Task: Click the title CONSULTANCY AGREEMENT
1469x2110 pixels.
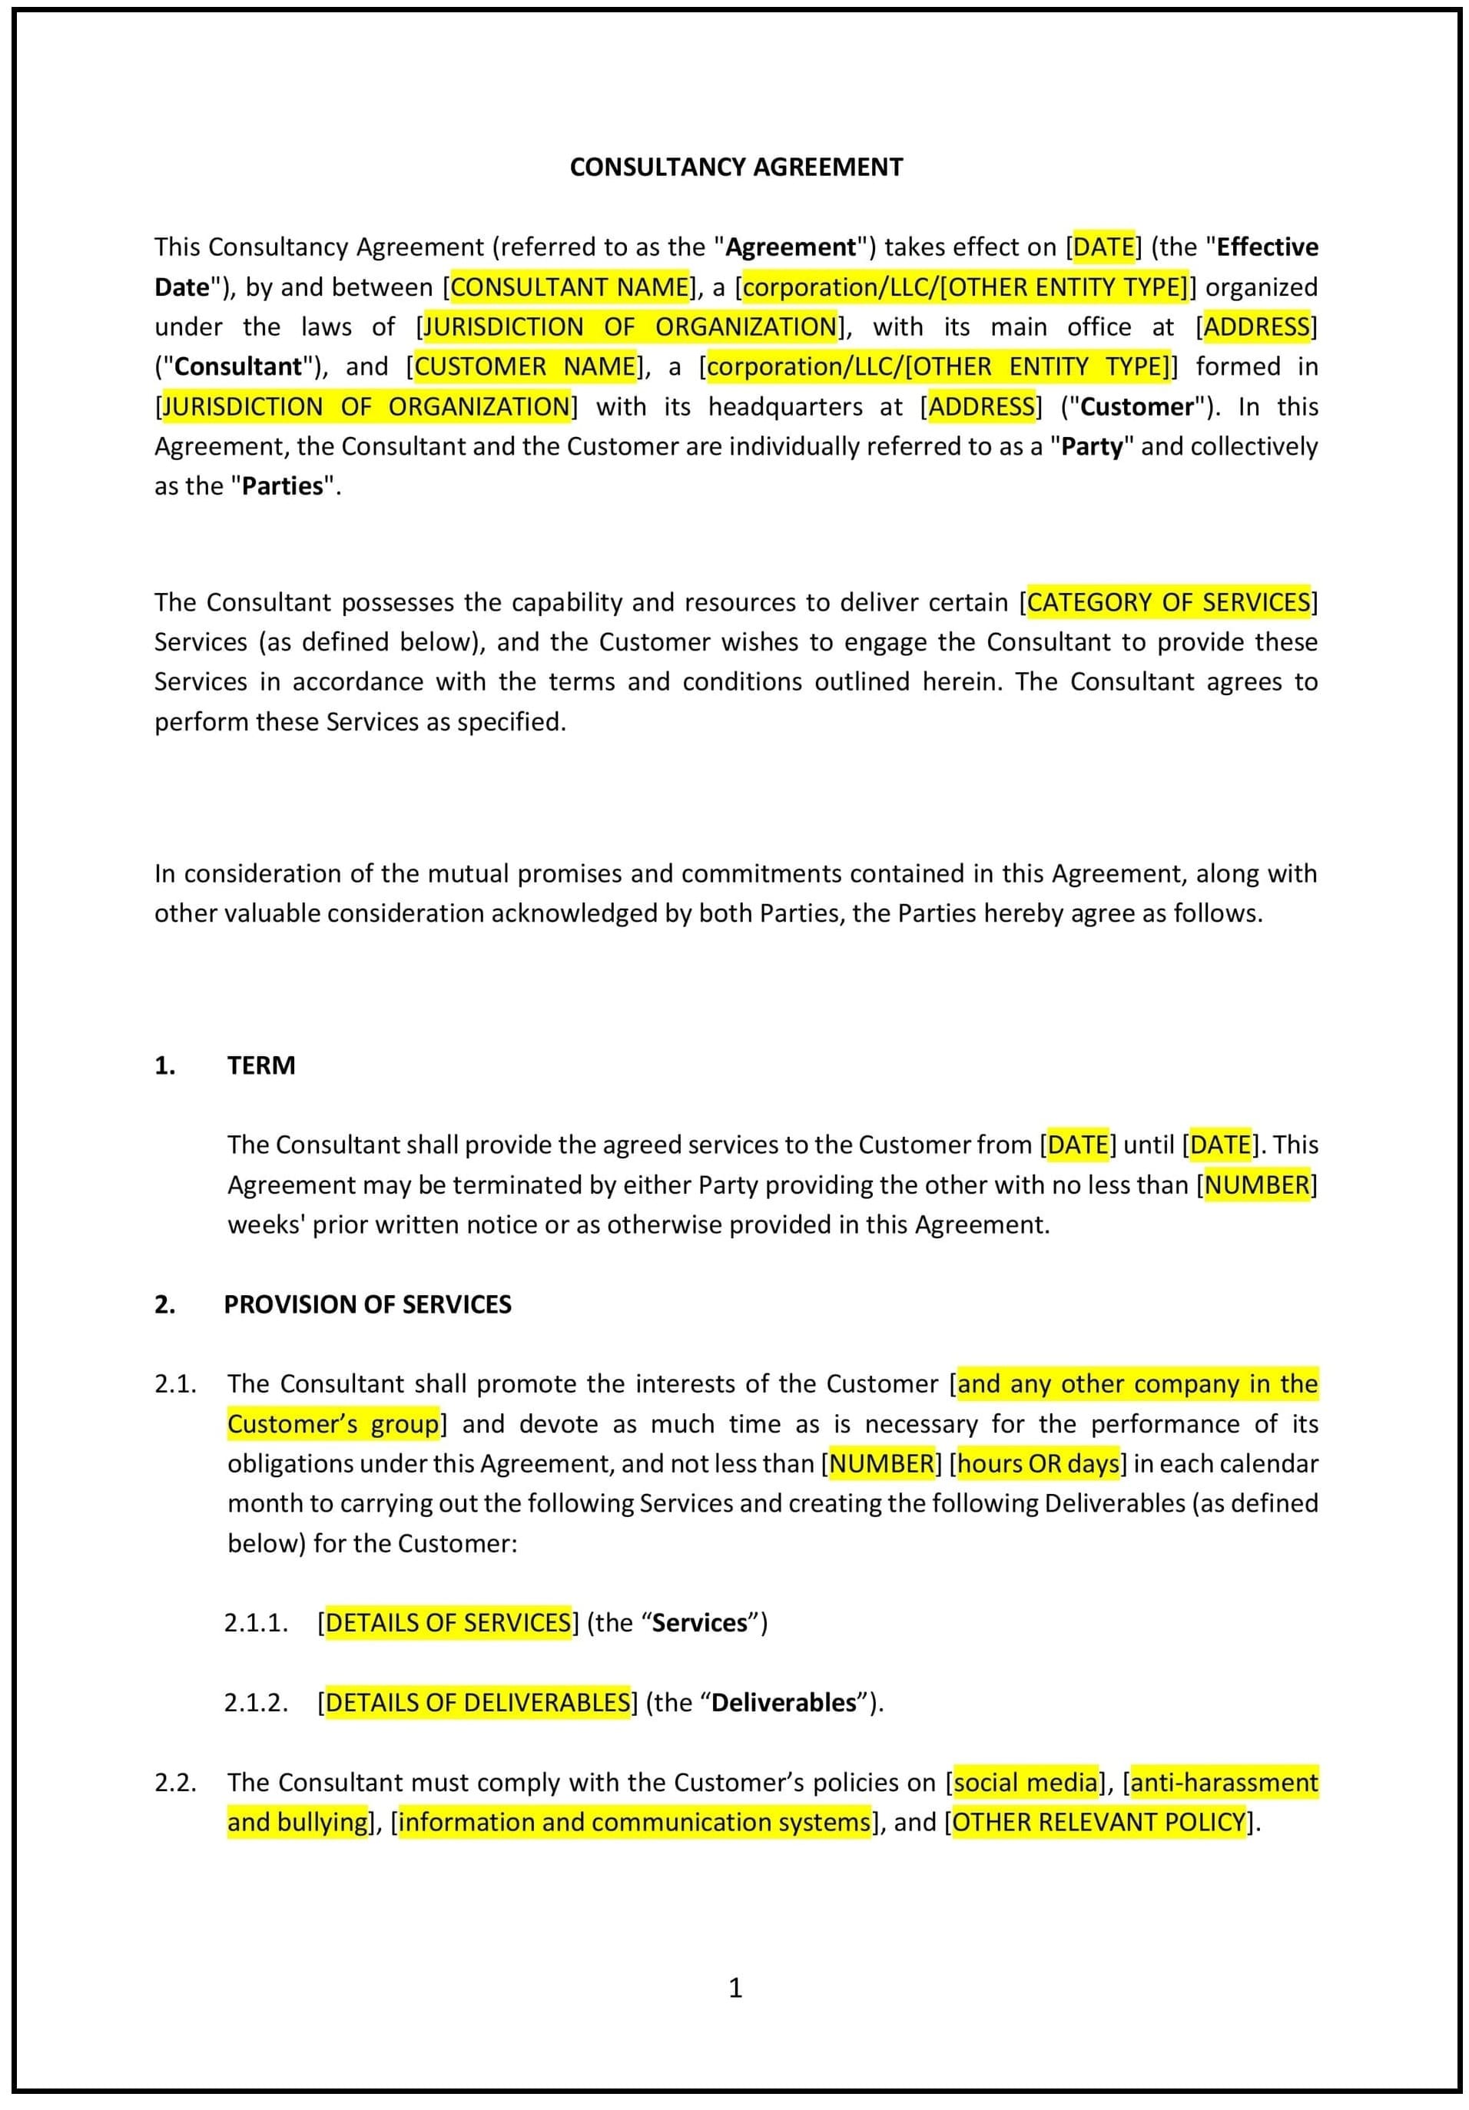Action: click(x=735, y=167)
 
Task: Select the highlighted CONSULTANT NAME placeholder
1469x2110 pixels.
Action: click(x=570, y=287)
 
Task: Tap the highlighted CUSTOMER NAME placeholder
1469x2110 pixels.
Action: click(x=525, y=366)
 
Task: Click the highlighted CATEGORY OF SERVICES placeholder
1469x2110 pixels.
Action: click(x=1168, y=603)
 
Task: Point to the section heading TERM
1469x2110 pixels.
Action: click(x=261, y=1065)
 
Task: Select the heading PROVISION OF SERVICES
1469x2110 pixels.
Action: click(x=368, y=1304)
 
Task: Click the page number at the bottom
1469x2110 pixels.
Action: click(x=735, y=1988)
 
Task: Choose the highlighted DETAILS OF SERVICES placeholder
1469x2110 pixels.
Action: click(x=448, y=1622)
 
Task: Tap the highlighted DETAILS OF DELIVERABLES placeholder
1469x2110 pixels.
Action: click(x=478, y=1702)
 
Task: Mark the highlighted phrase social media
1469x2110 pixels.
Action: click(x=1026, y=1782)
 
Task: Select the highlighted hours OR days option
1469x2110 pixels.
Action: click(x=1038, y=1463)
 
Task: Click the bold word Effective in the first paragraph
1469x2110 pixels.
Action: click(x=1267, y=247)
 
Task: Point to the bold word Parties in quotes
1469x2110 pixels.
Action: click(x=282, y=486)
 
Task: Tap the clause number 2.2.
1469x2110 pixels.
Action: click(x=174, y=1782)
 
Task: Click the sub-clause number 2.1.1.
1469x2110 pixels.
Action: click(x=256, y=1623)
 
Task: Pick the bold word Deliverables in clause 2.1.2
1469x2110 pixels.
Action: click(x=783, y=1702)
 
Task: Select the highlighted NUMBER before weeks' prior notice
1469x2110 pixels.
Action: click(x=1255, y=1184)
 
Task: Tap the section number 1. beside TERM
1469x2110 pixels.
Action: click(x=164, y=1065)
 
